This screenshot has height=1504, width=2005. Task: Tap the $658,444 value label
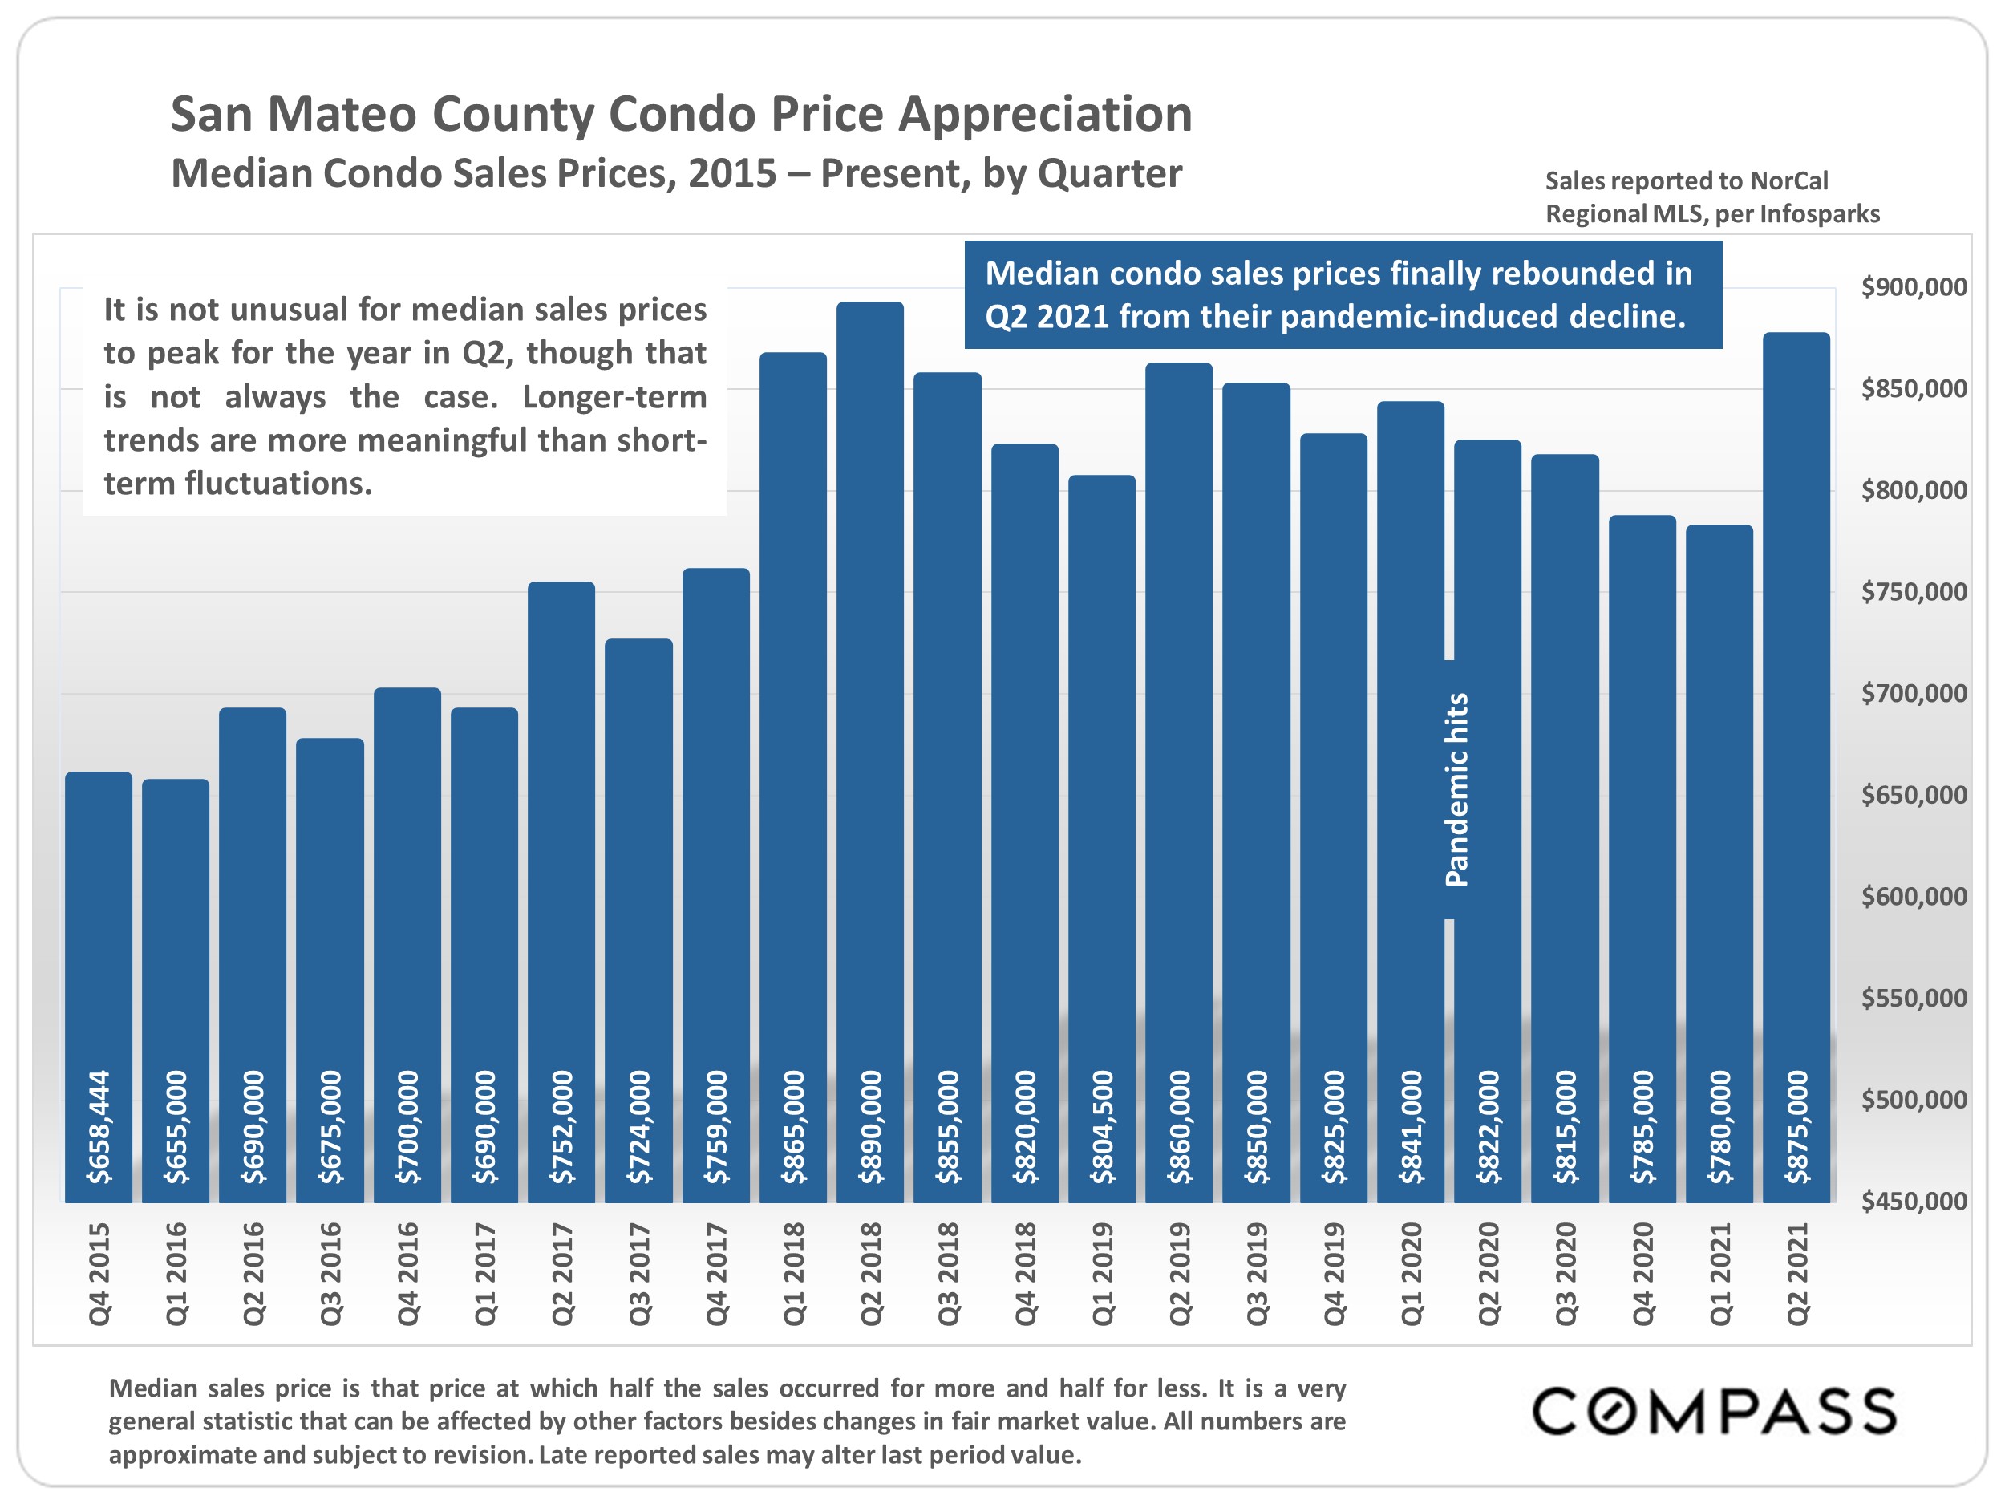(x=99, y=1127)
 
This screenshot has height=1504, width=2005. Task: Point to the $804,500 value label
(x=1101, y=1127)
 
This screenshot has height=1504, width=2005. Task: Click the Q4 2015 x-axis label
(x=99, y=1273)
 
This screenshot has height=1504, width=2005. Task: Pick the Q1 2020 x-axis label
(x=1411, y=1273)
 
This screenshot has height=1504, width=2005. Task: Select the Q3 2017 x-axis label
(x=639, y=1273)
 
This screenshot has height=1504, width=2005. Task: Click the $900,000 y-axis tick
(x=1914, y=287)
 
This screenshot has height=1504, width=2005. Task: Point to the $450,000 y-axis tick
(x=1914, y=1202)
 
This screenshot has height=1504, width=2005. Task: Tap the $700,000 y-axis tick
(x=1914, y=694)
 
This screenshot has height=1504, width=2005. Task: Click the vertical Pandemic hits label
(x=1456, y=788)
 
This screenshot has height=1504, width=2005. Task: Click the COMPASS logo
(x=1713, y=1412)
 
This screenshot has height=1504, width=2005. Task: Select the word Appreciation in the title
(x=1044, y=116)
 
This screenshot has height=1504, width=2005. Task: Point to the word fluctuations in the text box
(x=278, y=483)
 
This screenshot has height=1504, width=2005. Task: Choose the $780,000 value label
(x=1719, y=1127)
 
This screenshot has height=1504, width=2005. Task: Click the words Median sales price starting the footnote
(x=221, y=1388)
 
